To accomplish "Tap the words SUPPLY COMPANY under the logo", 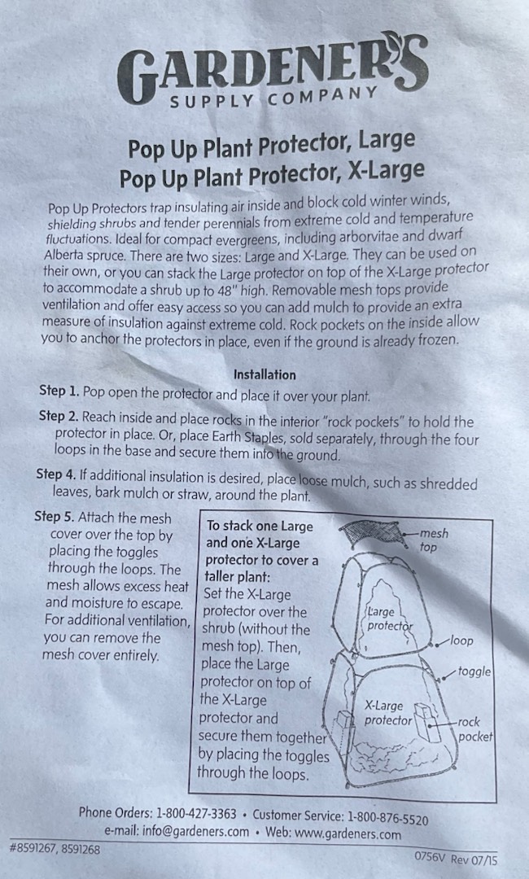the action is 273,98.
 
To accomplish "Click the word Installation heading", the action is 264,374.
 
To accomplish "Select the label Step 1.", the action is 59,391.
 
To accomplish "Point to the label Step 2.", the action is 59,417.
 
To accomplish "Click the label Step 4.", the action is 56,474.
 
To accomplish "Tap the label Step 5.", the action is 55,516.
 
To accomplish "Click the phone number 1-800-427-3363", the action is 196,813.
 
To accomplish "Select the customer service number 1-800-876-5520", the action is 388,817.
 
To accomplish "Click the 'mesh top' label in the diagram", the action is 433,540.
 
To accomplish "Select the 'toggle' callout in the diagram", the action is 474,671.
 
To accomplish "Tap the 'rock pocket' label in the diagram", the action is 475,728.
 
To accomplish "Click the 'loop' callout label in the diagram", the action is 461,641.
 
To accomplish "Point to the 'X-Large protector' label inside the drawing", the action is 387,712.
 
